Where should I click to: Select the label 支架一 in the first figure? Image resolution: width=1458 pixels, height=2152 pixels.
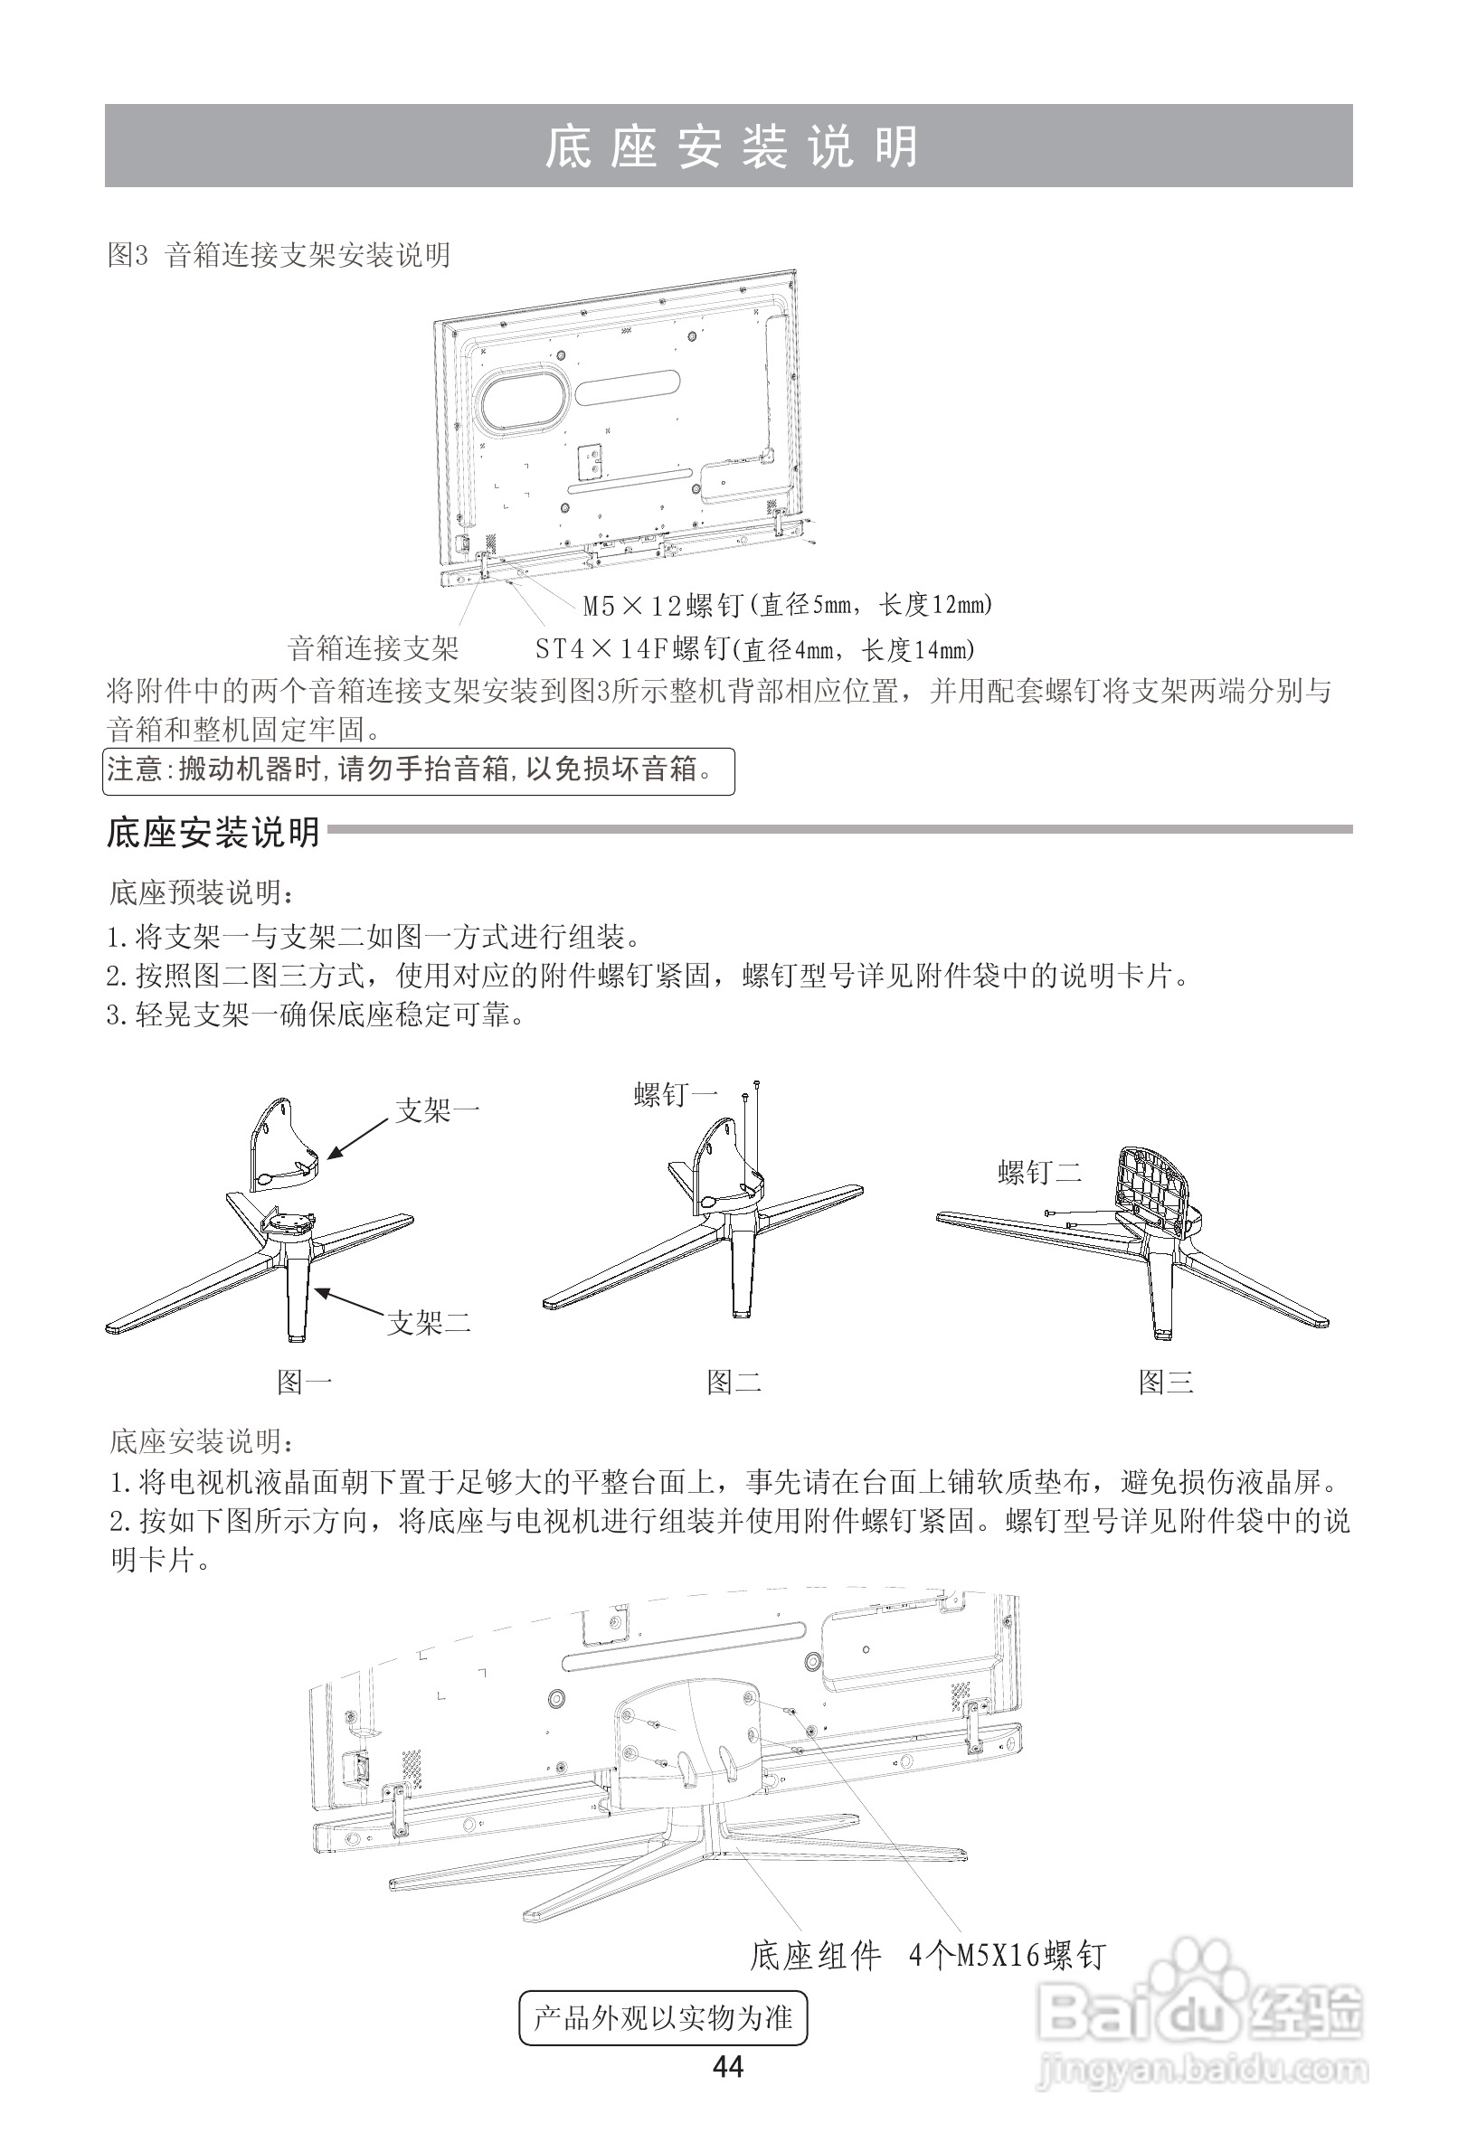click(436, 1110)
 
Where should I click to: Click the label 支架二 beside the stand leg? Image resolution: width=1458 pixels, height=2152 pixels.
click(429, 1322)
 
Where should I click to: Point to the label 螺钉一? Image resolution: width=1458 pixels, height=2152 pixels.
click(676, 1096)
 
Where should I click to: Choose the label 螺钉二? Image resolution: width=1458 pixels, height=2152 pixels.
click(1039, 1174)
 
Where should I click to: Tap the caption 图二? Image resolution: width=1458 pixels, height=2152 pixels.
click(734, 1383)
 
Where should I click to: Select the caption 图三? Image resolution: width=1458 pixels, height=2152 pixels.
click(1165, 1383)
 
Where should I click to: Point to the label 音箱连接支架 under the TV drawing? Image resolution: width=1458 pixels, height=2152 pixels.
click(374, 648)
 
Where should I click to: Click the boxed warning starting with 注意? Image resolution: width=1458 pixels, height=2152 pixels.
click(418, 770)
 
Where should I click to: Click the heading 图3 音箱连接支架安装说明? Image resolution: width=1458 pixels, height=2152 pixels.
click(279, 255)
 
